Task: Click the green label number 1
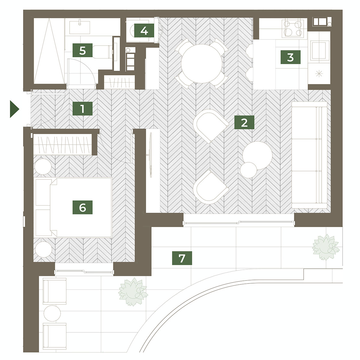coord(82,109)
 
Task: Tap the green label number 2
coord(244,122)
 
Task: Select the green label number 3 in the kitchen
coord(290,57)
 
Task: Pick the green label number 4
coord(144,31)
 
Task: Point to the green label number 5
coord(82,50)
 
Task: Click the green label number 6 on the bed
coord(82,207)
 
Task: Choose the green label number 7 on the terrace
coord(182,258)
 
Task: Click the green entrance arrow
coord(15,109)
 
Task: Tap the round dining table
coord(202,64)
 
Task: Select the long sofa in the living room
coord(309,155)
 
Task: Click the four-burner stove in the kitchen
coord(293,28)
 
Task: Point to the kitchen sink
coord(319,50)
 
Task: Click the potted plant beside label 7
coord(326,247)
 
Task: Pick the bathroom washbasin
coord(80,28)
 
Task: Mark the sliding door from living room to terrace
coord(239,222)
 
